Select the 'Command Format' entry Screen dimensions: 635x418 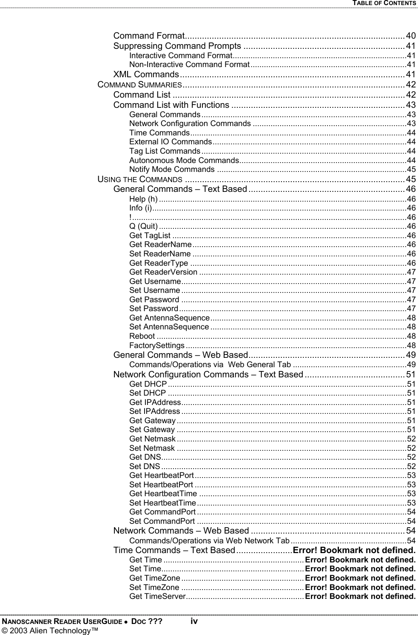[148, 35]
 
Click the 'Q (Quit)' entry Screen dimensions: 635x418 [143, 226]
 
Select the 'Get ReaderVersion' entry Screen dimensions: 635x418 [163, 272]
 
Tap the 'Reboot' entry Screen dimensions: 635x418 [142, 336]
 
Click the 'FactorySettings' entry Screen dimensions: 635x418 [156, 345]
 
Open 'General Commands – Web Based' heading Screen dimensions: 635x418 [180, 355]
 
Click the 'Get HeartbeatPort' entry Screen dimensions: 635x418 [162, 475]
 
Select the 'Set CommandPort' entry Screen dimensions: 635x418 [162, 521]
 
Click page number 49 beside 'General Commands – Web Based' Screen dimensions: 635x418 [411, 355]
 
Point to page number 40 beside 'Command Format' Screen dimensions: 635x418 [411, 35]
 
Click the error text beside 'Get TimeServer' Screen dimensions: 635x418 [360, 596]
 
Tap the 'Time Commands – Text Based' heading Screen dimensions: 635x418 [174, 551]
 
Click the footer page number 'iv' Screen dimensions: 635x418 [194, 621]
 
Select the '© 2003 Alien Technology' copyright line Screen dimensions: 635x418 [50, 630]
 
